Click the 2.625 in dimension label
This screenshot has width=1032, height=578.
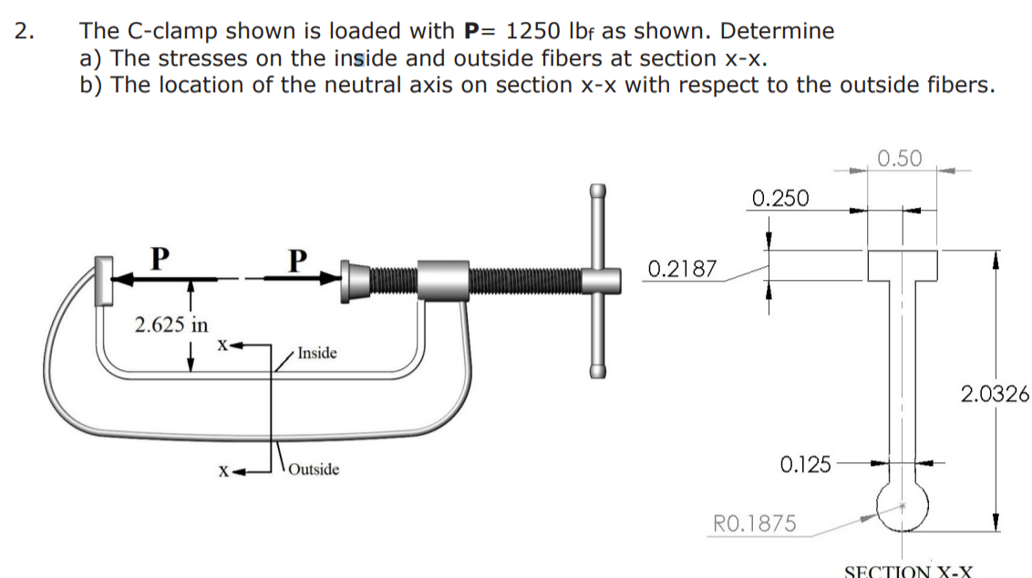[x=170, y=324]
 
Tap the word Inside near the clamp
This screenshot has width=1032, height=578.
[x=316, y=353]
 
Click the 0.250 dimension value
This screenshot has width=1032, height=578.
[x=780, y=197]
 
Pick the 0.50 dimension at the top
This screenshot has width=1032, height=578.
[x=900, y=159]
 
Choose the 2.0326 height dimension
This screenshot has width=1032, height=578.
[x=995, y=394]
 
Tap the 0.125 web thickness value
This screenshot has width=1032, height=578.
[x=806, y=465]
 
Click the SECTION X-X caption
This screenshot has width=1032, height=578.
[x=908, y=572]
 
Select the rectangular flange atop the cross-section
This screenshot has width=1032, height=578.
[x=902, y=265]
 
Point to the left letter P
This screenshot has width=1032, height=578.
[x=159, y=258]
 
